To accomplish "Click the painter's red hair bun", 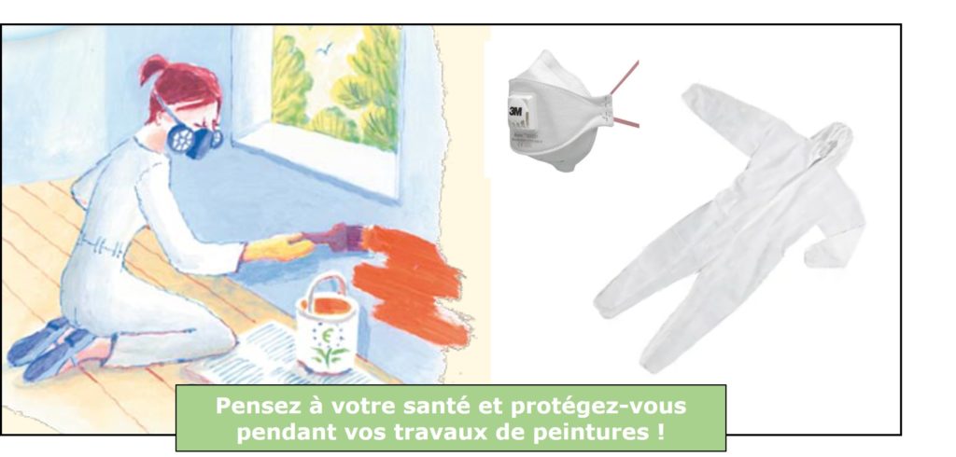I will [x=151, y=69].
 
